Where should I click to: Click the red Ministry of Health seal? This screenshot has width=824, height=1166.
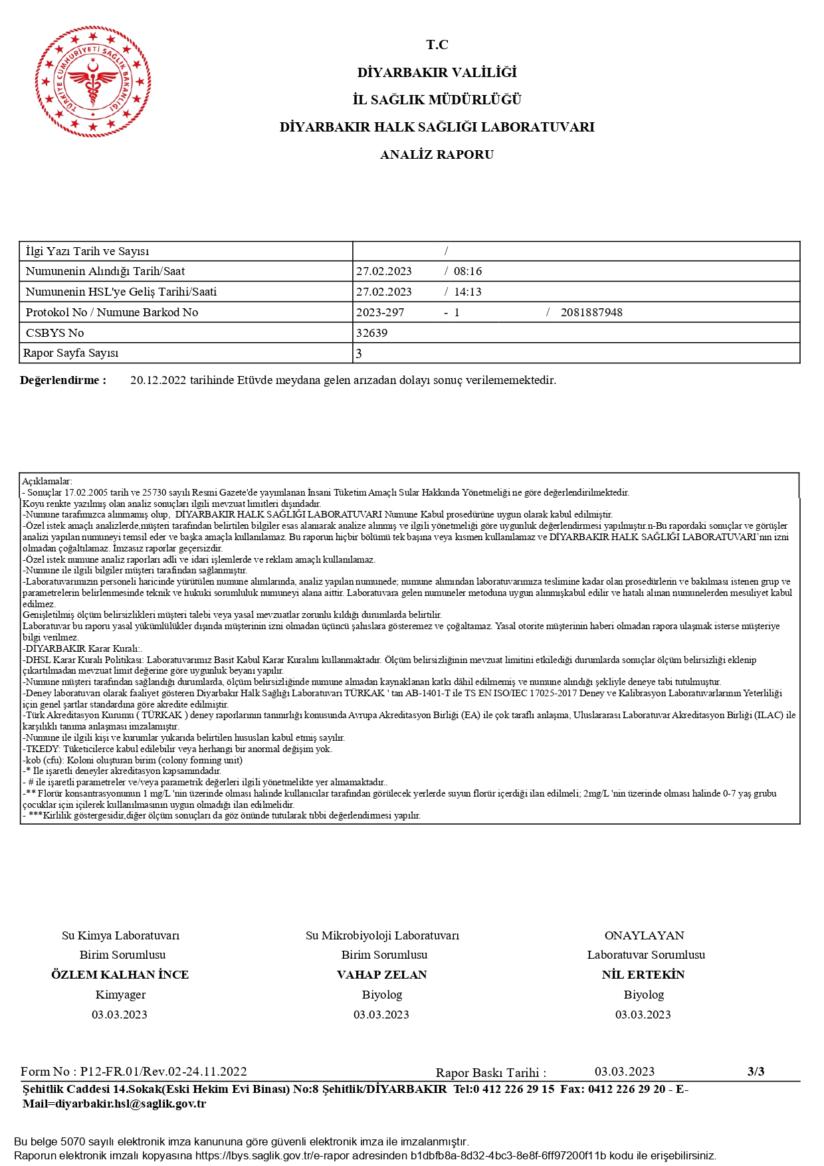93,81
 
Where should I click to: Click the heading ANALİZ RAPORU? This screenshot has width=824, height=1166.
437,155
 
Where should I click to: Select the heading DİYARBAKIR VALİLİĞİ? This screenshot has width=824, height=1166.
437,72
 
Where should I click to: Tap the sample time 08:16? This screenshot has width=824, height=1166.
468,271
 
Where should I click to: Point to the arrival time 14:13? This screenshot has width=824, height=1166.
468,292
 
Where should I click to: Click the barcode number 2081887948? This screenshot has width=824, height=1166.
591,312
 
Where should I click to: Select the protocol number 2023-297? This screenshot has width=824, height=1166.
380,312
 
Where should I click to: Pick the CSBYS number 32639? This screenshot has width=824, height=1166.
371,333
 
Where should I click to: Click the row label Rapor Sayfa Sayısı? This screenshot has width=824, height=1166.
71,353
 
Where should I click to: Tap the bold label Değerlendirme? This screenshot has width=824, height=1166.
63,380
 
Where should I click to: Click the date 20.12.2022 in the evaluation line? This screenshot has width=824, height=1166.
158,380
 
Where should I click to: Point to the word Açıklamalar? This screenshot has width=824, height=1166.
47,481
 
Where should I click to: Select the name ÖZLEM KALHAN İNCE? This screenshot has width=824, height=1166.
120,975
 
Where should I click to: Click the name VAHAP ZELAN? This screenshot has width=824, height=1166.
382,975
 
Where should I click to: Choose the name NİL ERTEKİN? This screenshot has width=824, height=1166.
643,975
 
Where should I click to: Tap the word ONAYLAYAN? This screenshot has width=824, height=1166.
644,935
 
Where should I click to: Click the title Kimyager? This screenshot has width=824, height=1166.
120,995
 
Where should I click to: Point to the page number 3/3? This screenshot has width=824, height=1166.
756,1071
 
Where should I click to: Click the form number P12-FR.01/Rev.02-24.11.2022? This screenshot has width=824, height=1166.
163,1071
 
